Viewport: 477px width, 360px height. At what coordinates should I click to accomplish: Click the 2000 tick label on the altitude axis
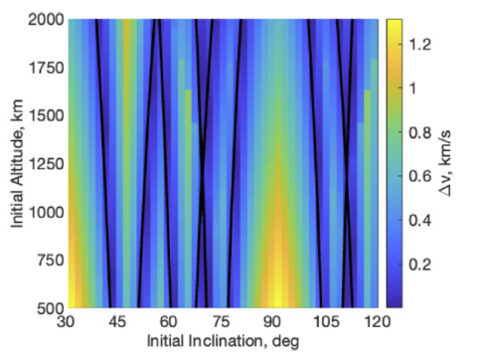47,20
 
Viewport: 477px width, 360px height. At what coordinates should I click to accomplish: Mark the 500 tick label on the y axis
51,307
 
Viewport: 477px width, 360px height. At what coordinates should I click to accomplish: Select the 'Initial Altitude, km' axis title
20,164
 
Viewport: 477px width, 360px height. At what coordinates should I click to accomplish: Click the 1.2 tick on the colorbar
419,43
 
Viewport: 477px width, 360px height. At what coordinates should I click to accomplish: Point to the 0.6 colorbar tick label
419,176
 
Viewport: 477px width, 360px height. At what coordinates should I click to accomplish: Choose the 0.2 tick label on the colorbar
419,265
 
